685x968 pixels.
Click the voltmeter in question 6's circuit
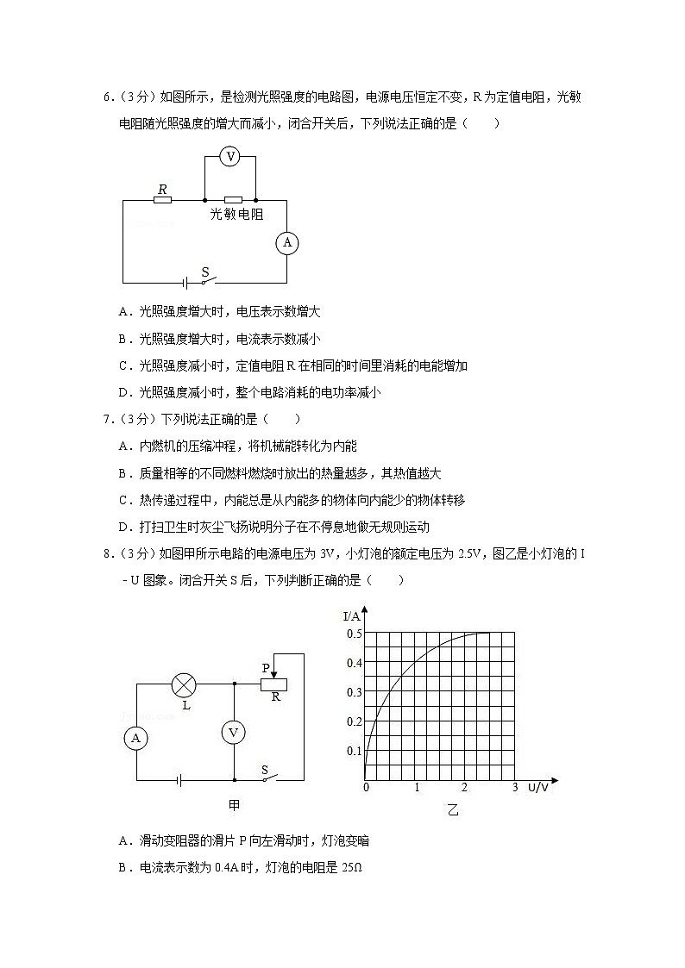tap(229, 155)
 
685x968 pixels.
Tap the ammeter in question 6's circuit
tap(286, 243)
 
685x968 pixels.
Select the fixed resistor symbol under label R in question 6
tap(162, 200)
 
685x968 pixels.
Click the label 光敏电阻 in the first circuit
tap(237, 215)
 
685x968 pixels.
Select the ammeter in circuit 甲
tap(135, 737)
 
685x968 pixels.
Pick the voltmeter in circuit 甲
tap(233, 732)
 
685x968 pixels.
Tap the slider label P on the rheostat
tap(267, 667)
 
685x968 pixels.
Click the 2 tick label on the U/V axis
tap(465, 788)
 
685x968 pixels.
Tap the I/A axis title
tap(352, 616)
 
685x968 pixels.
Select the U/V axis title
tap(537, 788)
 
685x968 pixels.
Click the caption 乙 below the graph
tap(453, 810)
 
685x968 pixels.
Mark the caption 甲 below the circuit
tap(234, 804)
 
